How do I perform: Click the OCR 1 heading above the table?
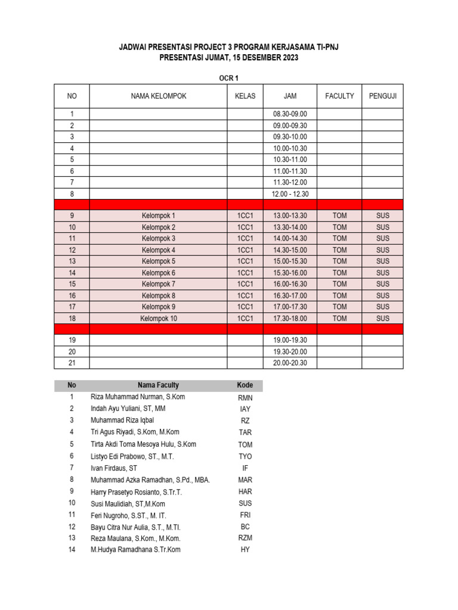pos(229,77)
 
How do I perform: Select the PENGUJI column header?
pos(382,96)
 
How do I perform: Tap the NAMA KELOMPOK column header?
pos(158,96)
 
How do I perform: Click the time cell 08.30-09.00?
pos(290,114)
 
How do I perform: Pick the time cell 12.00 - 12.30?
pos(290,194)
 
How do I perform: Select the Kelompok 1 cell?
pos(158,216)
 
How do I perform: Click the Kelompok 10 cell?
pos(158,319)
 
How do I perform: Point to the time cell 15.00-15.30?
pos(290,262)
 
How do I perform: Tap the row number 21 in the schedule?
pos(72,363)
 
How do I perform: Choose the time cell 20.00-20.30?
pos(290,363)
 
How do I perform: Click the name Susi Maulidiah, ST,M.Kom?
pos(128,504)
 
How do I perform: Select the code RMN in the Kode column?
pos(245,398)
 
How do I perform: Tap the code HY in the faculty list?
pos(245,550)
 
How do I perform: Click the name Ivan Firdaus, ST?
pos(114,468)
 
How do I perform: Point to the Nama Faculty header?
pos(158,385)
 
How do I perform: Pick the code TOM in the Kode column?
pos(245,445)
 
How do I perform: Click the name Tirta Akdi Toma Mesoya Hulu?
pos(143,444)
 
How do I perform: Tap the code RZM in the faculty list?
pos(245,538)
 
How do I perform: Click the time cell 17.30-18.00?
pos(290,319)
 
